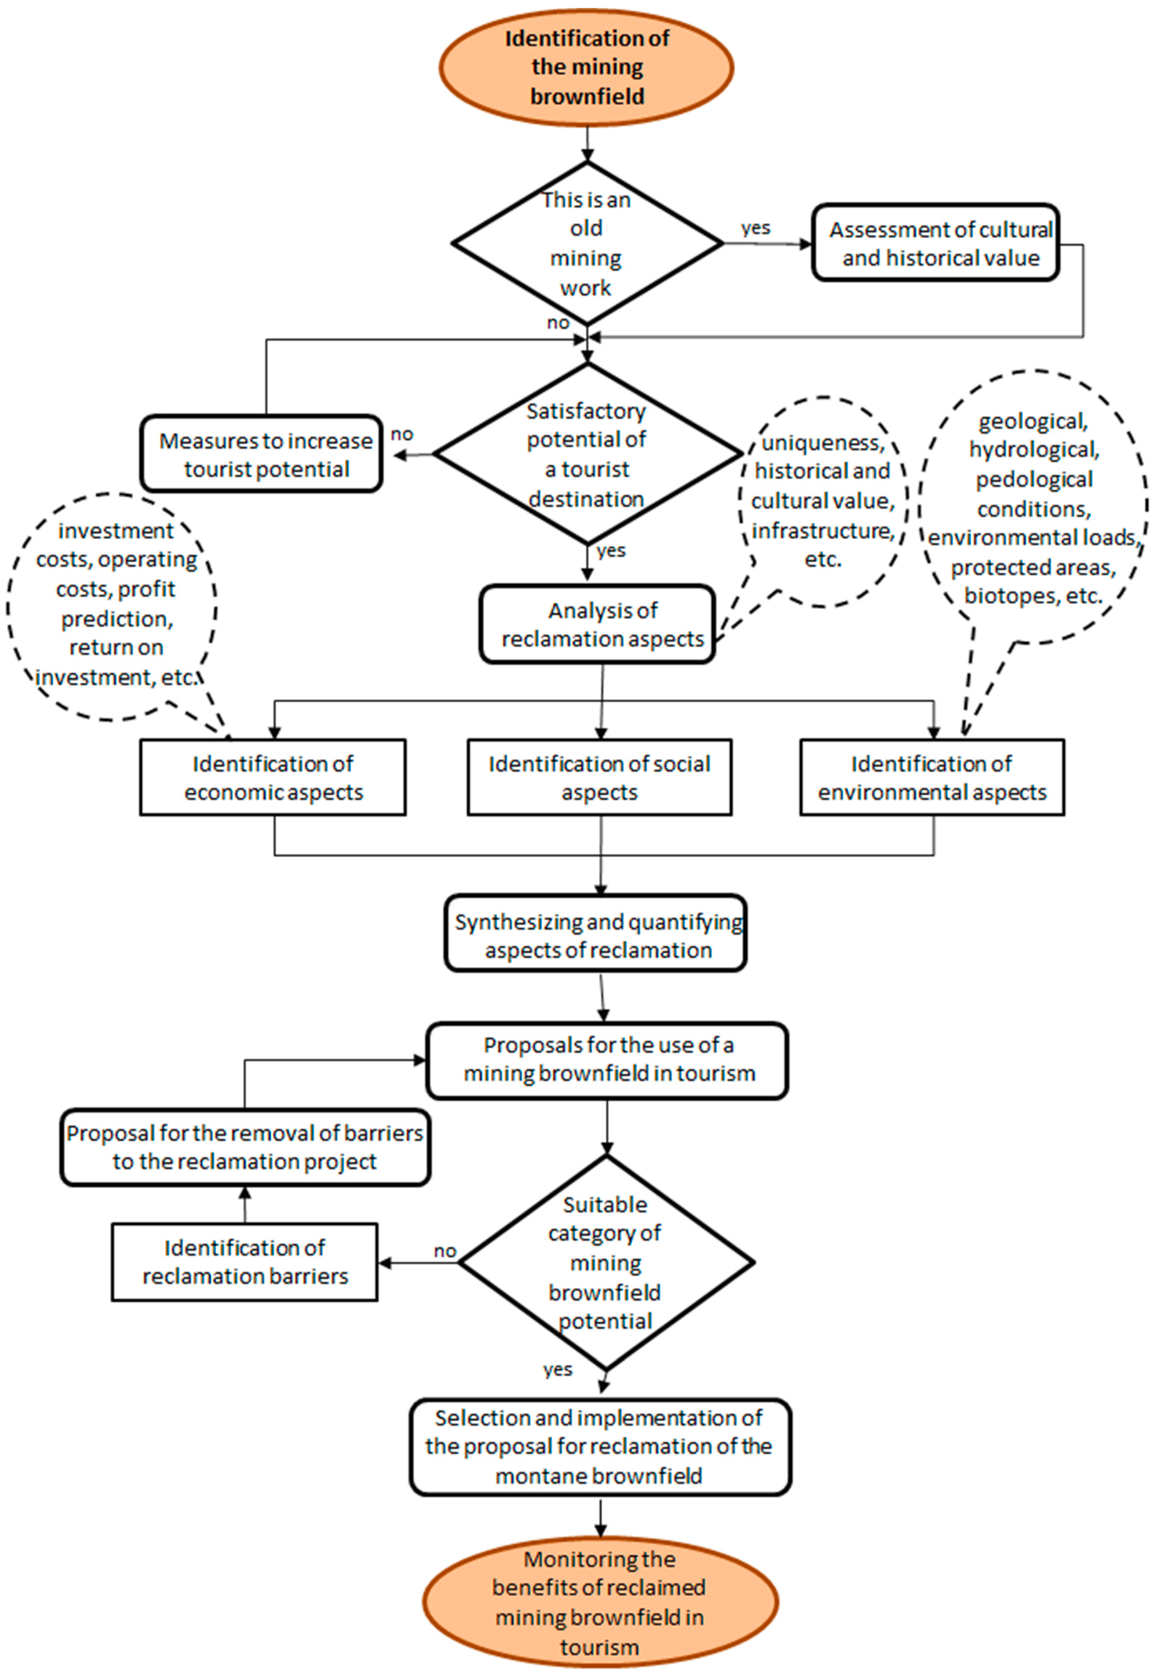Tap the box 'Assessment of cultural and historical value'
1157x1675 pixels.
point(935,243)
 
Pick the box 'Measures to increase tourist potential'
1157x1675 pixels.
point(262,455)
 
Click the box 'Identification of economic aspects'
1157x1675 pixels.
point(272,777)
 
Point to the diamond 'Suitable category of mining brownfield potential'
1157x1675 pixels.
point(606,1262)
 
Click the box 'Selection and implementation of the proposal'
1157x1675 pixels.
point(600,1447)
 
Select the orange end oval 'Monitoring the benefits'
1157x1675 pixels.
point(600,1602)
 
